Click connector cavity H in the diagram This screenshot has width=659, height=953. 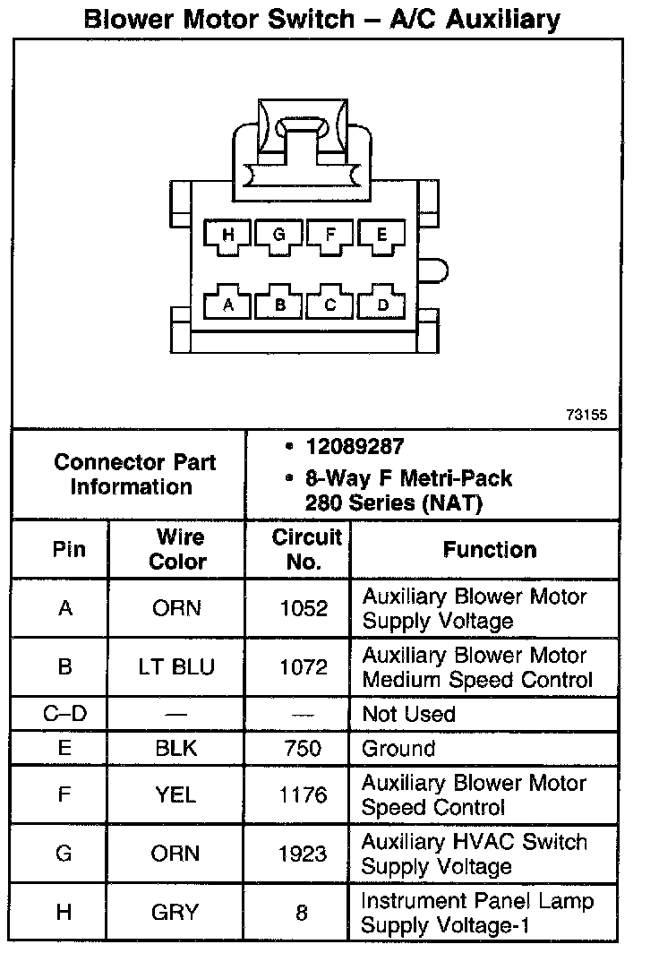coord(228,236)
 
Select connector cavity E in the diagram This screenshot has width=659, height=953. coord(382,236)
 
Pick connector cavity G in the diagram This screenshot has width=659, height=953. coord(279,236)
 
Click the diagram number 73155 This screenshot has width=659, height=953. coord(586,415)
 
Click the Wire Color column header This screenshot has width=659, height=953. coord(176,550)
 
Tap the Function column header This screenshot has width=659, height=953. coord(490,550)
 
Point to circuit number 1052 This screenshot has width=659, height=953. coord(303,609)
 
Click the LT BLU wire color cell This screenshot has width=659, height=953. coord(176,668)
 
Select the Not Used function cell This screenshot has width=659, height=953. coord(408,715)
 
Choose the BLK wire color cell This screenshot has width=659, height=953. coord(176,749)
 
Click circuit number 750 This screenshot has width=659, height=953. coord(303,749)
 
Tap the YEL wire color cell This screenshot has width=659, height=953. coord(176,795)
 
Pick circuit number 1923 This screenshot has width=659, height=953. coord(303,854)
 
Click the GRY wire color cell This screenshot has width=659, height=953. coord(176,913)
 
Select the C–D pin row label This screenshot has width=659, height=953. coord(64,715)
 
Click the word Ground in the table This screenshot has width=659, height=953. coord(398,749)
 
